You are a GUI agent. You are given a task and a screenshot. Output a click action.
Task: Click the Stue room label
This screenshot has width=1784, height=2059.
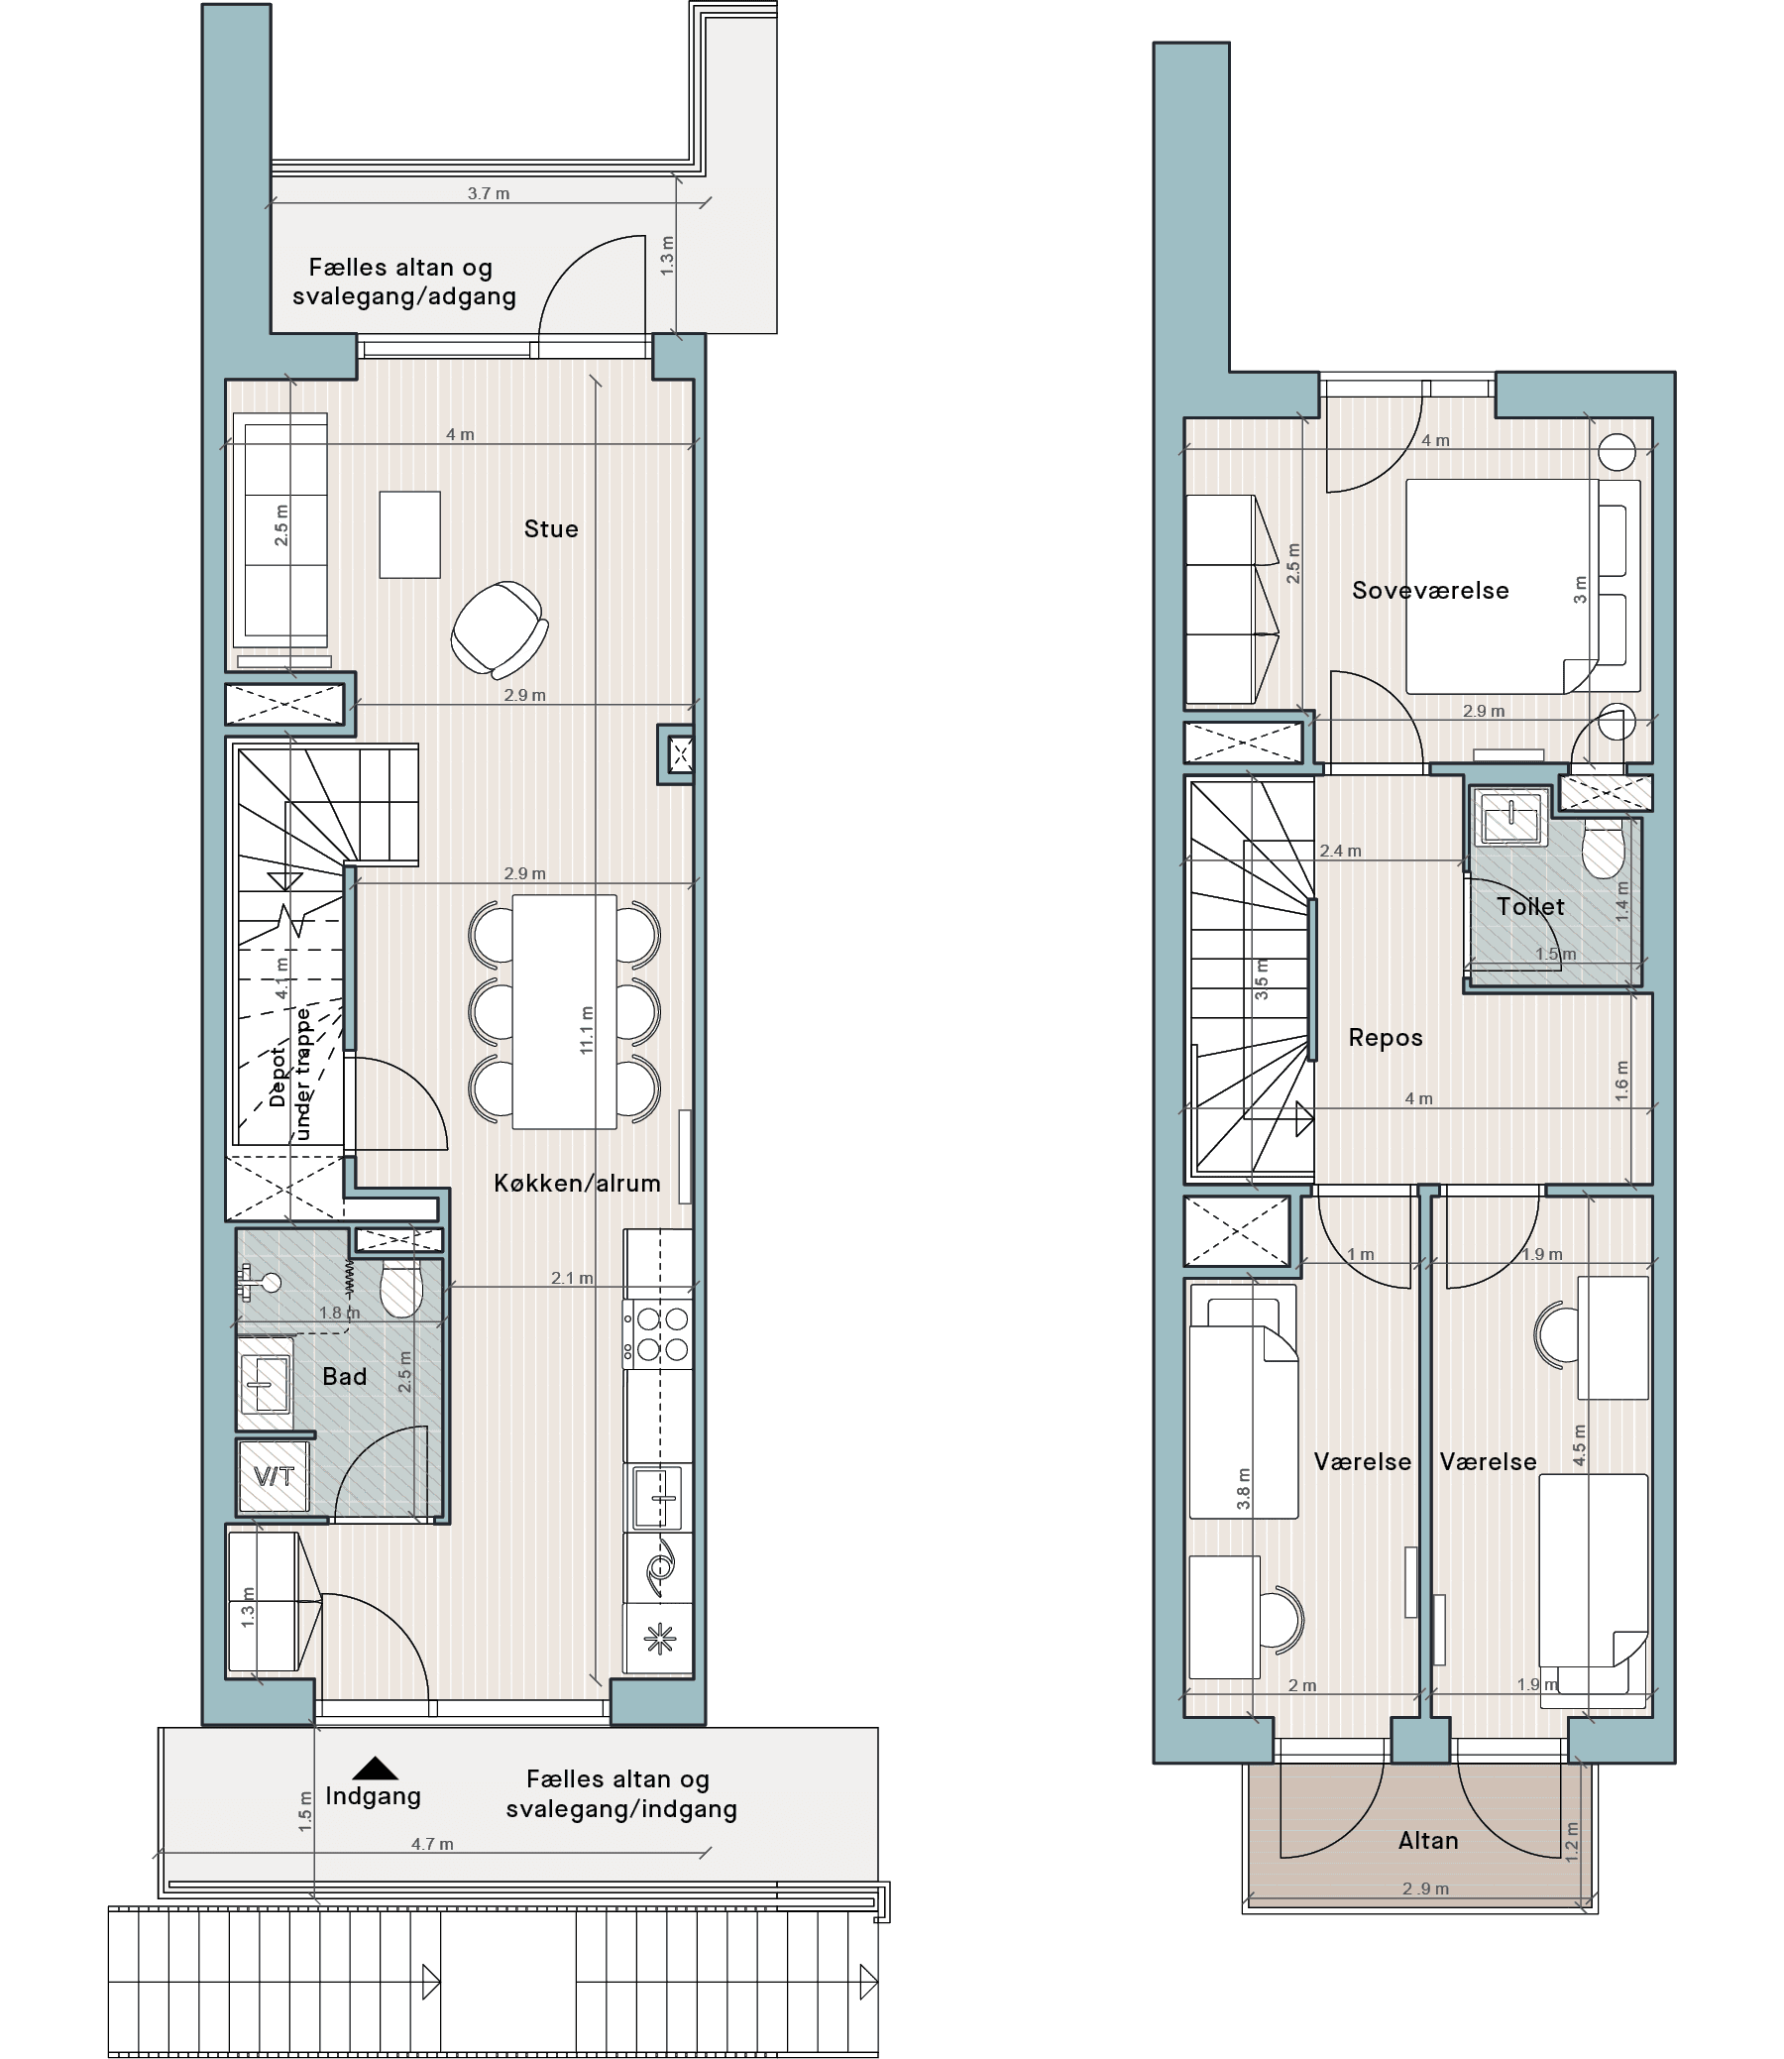click(x=550, y=528)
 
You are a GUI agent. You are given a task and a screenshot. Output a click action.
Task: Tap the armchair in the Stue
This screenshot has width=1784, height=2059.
click(x=499, y=629)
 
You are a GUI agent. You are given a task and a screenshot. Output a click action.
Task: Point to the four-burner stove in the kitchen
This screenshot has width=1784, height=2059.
click(x=658, y=1334)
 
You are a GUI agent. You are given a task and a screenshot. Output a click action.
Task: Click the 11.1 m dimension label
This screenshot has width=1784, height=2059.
click(x=588, y=1029)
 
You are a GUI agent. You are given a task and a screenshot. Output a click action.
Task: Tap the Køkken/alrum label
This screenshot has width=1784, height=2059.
click(x=578, y=1183)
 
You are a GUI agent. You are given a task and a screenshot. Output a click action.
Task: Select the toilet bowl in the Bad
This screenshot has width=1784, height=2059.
click(x=401, y=1289)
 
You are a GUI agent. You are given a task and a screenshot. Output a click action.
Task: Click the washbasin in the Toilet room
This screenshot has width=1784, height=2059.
click(x=1511, y=818)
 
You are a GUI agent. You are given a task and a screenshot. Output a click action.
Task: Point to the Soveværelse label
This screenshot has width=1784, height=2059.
click(x=1430, y=591)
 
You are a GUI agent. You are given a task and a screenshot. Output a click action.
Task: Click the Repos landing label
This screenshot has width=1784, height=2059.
click(x=1385, y=1038)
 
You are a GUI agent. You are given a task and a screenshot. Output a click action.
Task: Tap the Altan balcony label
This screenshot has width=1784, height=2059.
click(x=1427, y=1840)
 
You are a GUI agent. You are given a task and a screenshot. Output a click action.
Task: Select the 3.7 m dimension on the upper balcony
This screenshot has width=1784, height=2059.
click(x=489, y=193)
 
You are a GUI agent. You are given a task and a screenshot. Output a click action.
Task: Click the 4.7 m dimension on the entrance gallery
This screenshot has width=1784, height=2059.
click(x=432, y=1844)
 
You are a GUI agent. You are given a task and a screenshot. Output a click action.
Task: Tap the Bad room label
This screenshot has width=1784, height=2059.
click(x=345, y=1376)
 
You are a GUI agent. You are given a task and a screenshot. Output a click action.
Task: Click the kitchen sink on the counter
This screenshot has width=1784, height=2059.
click(x=658, y=1498)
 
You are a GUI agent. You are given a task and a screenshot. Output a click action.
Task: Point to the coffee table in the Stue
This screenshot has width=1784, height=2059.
click(x=409, y=534)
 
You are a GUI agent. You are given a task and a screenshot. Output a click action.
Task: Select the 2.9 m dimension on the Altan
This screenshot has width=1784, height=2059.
click(x=1425, y=1888)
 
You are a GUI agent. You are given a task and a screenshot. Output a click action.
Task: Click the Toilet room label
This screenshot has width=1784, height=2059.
click(x=1530, y=906)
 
